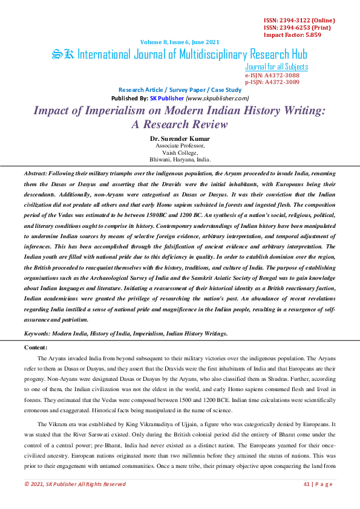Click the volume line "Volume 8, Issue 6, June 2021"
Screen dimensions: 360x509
[180, 42]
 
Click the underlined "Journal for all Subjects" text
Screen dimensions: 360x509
[277, 67]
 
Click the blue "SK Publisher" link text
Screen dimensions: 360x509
[166, 98]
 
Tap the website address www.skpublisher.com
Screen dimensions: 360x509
[217, 98]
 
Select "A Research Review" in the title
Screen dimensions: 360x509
[180, 125]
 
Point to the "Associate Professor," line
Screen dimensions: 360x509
[180, 146]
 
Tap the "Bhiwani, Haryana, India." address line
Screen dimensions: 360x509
[180, 160]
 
